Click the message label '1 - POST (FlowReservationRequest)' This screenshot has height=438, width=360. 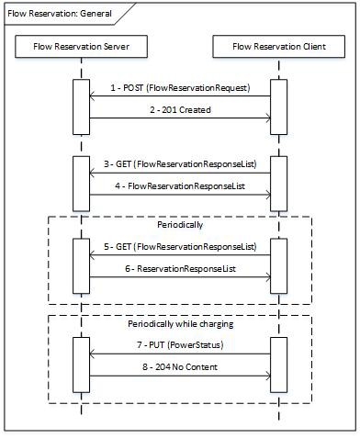point(178,88)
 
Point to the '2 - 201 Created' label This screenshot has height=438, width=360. point(178,109)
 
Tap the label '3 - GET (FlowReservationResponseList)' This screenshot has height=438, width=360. point(178,164)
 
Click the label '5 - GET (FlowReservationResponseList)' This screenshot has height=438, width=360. point(178,247)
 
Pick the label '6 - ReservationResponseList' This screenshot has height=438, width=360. point(178,268)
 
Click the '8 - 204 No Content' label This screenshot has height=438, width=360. point(178,365)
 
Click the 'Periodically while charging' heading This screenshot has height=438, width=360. point(178,323)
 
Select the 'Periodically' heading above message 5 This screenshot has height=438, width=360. point(178,224)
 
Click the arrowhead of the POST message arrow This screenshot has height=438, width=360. point(90,95)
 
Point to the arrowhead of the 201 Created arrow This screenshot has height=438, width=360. point(266,117)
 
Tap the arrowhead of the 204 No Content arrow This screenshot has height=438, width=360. point(266,373)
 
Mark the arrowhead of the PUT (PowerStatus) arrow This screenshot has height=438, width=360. point(90,352)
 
